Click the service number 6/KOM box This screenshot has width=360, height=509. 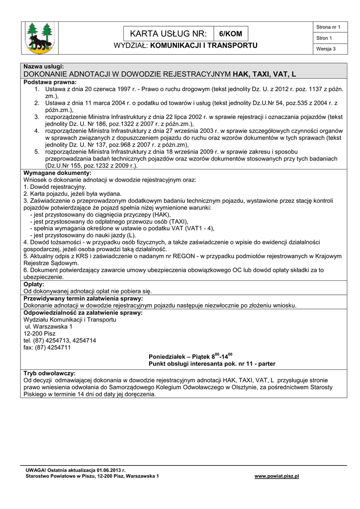[x=231, y=34]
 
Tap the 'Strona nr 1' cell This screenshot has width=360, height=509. [x=328, y=27]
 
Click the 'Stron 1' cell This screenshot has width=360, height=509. [x=324, y=38]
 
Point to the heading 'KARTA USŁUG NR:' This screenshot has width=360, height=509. [x=168, y=34]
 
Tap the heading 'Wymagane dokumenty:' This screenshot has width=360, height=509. [x=57, y=172]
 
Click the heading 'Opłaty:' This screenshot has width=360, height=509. [x=34, y=284]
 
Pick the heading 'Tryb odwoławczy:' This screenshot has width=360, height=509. [x=49, y=373]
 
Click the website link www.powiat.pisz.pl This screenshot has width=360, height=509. [x=276, y=476]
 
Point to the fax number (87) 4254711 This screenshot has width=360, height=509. [x=47, y=348]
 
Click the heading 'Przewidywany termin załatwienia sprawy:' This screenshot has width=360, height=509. [x=84, y=298]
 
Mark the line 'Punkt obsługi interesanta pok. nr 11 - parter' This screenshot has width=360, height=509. [x=212, y=364]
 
